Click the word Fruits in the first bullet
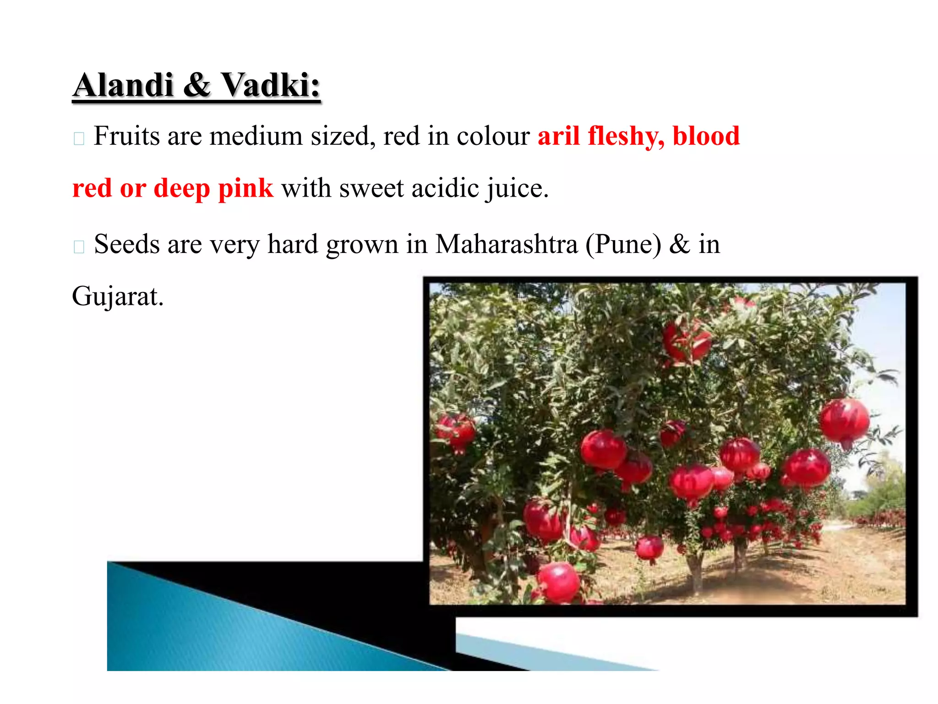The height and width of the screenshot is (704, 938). [126, 137]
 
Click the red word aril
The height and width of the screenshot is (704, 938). [558, 137]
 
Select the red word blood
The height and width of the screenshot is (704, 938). [706, 137]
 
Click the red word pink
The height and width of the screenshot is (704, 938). [245, 189]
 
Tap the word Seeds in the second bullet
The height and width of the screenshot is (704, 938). [126, 244]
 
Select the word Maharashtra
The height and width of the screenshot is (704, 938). [506, 244]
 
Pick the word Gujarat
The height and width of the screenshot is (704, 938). [117, 297]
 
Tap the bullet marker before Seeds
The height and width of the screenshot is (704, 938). [79, 247]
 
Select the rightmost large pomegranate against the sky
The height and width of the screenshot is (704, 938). [844, 422]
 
